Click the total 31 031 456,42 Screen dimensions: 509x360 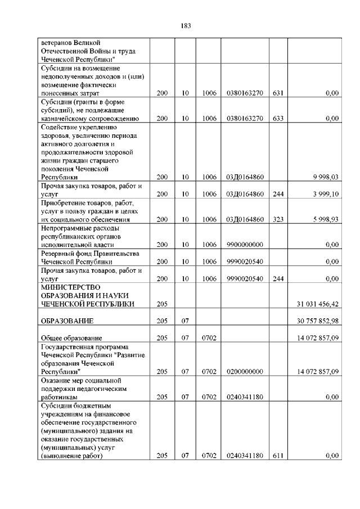[x=317, y=304]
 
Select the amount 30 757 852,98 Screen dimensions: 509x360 [x=317, y=321]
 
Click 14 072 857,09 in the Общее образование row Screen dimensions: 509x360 [x=317, y=337]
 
